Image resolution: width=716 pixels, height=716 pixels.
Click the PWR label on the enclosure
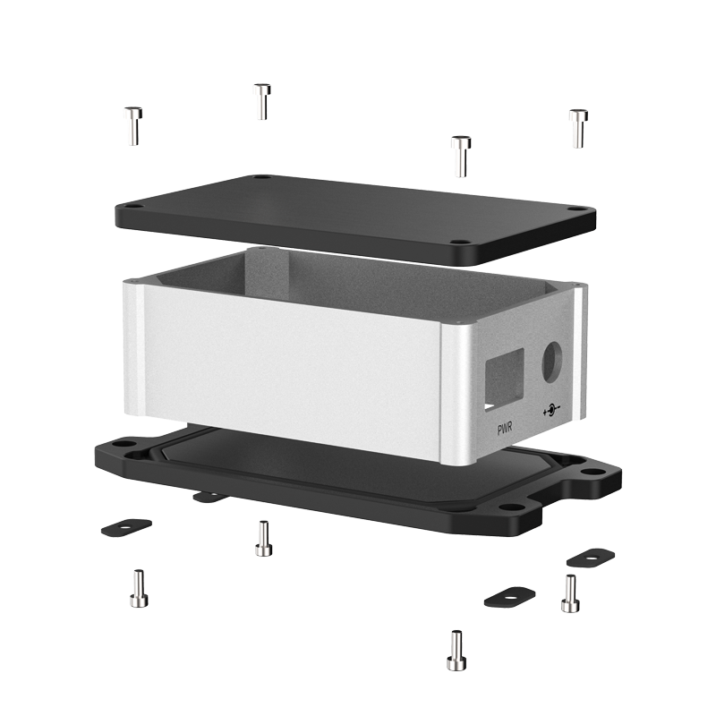505,429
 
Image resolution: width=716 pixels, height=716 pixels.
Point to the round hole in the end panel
552,362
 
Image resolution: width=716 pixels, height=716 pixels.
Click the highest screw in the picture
262,101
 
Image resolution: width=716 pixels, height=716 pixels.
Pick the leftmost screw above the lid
133,126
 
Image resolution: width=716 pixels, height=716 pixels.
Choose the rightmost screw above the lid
578,128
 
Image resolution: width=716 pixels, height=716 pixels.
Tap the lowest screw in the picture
456,651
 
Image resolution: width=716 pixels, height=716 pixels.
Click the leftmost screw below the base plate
139,588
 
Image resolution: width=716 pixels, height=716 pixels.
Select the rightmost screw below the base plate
570,593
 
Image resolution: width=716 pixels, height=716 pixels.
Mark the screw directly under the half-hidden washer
263,539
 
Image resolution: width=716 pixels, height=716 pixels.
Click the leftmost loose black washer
126,527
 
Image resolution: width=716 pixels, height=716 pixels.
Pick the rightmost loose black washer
591,558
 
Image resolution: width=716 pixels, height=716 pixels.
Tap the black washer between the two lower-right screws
509,597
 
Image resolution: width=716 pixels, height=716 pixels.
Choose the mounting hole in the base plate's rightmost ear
592,472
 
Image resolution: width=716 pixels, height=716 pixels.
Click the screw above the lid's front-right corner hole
461,156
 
